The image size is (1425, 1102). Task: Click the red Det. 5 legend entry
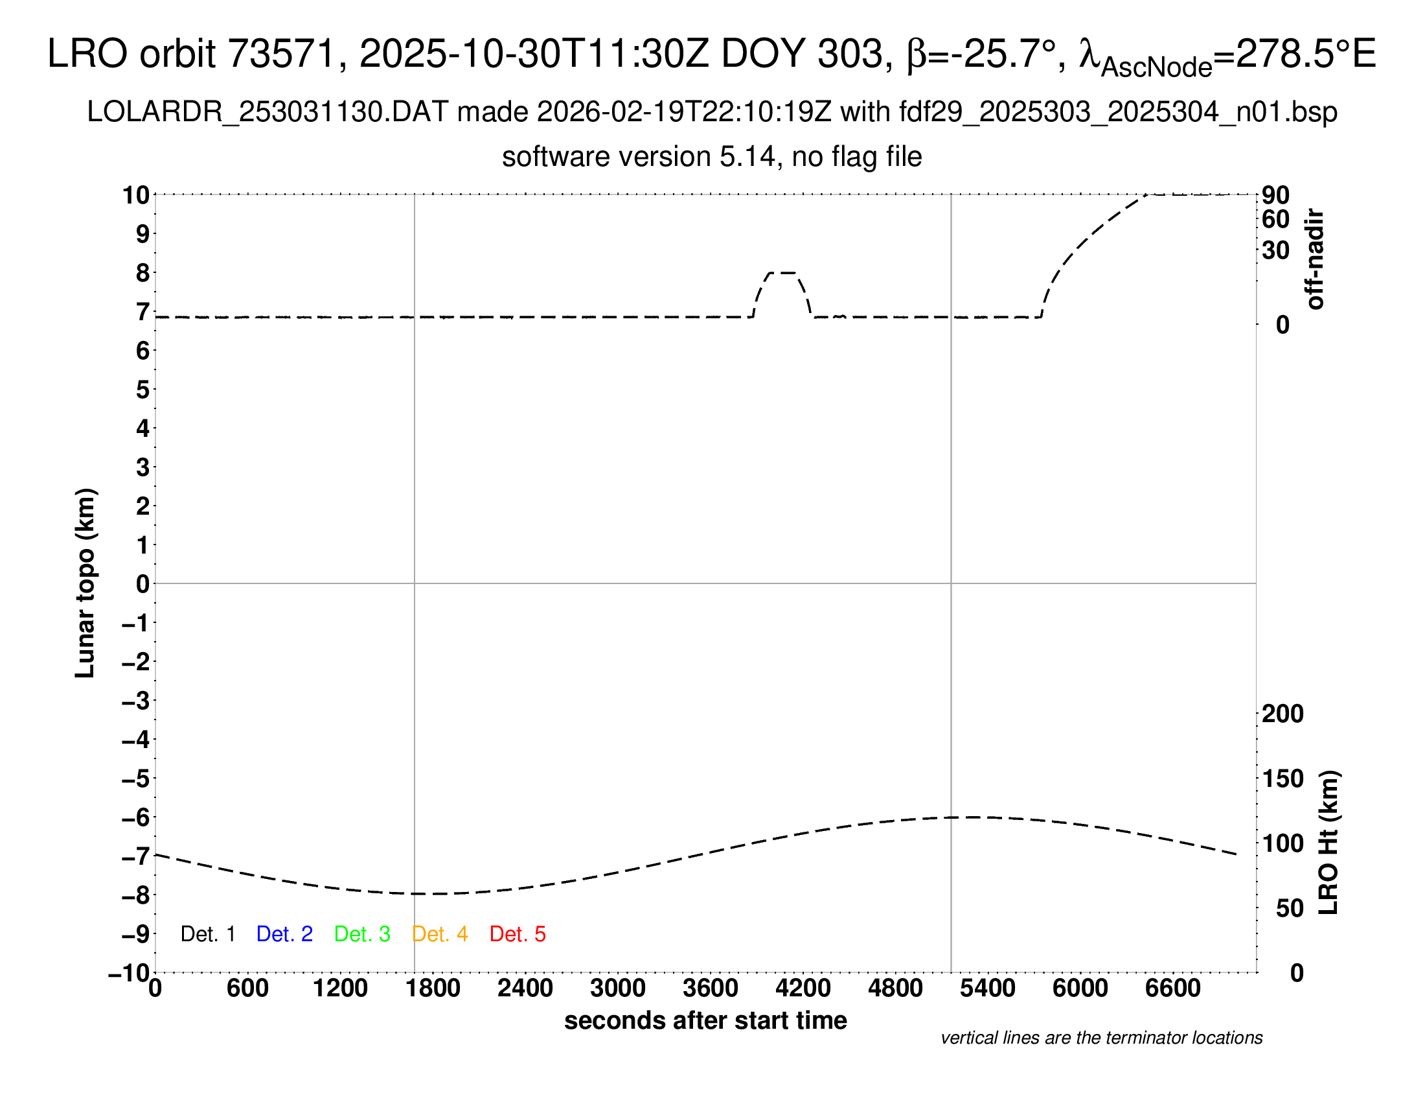pyautogui.click(x=518, y=934)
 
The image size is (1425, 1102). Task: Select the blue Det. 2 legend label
pyautogui.click(x=284, y=934)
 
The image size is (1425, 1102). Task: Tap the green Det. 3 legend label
pyautogui.click(x=362, y=934)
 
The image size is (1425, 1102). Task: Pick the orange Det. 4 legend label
pyautogui.click(x=440, y=934)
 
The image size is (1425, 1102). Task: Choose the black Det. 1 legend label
pyautogui.click(x=207, y=934)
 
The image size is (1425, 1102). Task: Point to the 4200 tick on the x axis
pyautogui.click(x=803, y=989)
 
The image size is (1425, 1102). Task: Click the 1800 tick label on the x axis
pyautogui.click(x=433, y=989)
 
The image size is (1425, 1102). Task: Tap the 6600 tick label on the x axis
pyautogui.click(x=1173, y=989)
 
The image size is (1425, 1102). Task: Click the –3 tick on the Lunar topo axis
pyautogui.click(x=136, y=701)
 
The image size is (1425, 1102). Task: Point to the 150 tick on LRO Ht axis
pyautogui.click(x=1282, y=779)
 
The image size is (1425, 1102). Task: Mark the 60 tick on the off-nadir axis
pyautogui.click(x=1275, y=219)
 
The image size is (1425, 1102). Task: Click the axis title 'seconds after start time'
pyautogui.click(x=705, y=1020)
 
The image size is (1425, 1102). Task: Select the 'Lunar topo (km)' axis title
pyautogui.click(x=85, y=583)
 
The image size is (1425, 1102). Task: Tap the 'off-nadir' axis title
pyautogui.click(x=1316, y=259)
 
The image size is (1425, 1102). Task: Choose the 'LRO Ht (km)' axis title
pyautogui.click(x=1328, y=843)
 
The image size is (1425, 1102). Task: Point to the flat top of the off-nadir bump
pyautogui.click(x=782, y=272)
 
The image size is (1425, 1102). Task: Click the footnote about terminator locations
pyautogui.click(x=1101, y=1038)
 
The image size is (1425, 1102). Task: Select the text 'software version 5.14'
pyautogui.click(x=639, y=158)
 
